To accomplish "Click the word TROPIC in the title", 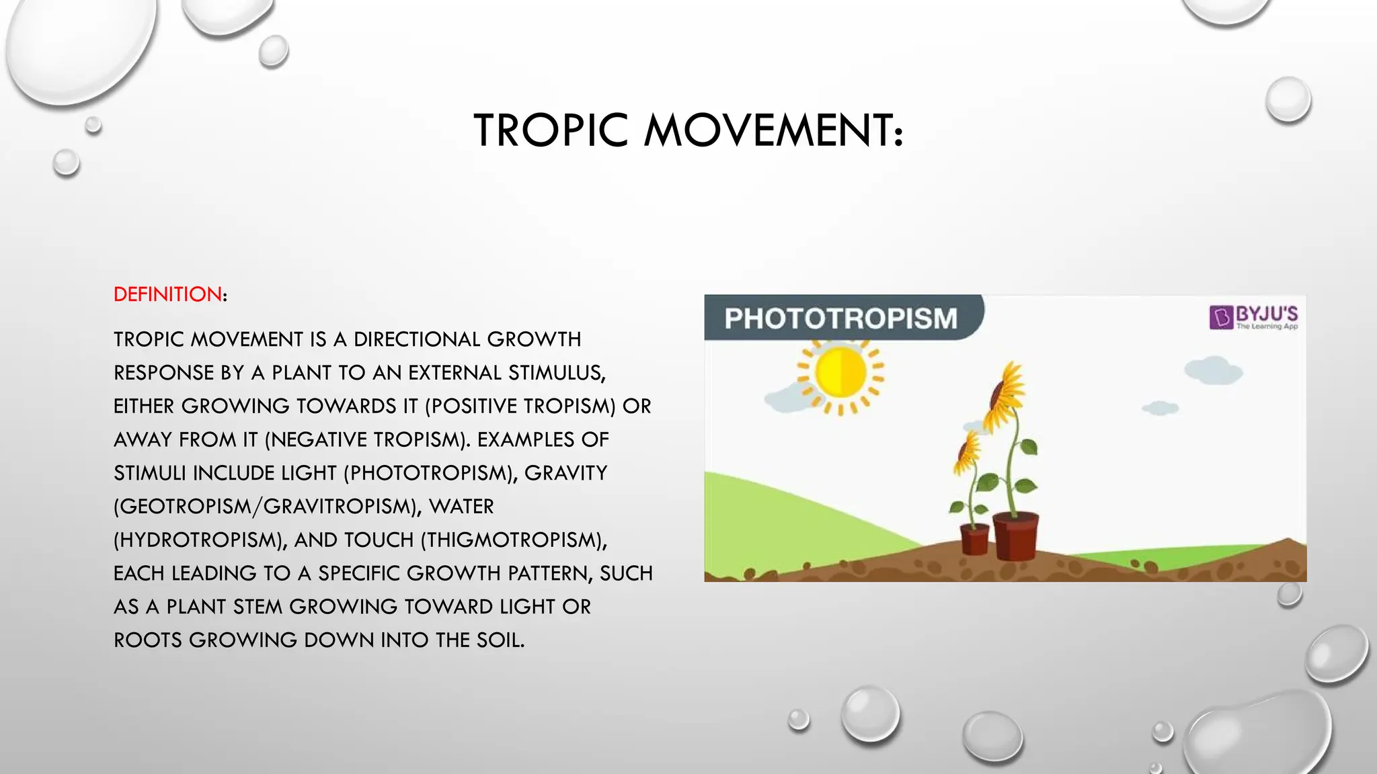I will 551,130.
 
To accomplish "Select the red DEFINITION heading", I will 167,294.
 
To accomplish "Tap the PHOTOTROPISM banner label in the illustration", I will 840,318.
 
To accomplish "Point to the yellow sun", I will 840,373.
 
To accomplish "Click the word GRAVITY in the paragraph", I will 565,473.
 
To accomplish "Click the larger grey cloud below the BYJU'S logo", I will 1213,371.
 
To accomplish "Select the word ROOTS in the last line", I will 148,640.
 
